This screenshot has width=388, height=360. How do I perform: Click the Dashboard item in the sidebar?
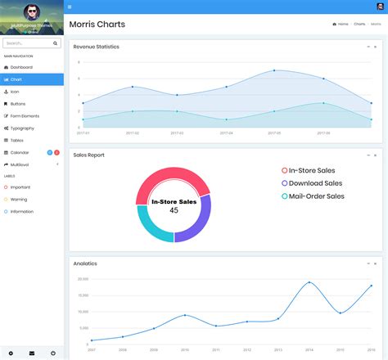(x=21, y=67)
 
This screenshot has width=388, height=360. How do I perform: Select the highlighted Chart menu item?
(x=16, y=79)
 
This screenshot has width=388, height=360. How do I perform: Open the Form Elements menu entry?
(x=25, y=116)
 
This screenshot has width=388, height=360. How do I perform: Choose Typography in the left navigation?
(x=22, y=128)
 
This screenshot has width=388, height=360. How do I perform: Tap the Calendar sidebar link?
(x=20, y=152)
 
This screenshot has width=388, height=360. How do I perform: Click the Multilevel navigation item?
(x=20, y=164)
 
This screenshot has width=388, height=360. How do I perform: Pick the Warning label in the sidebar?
(x=18, y=199)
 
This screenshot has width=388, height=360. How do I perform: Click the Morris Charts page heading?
(x=97, y=25)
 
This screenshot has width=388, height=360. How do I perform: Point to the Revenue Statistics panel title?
(x=96, y=47)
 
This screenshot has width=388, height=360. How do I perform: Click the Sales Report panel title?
(x=88, y=155)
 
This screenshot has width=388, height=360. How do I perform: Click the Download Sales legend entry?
(x=315, y=183)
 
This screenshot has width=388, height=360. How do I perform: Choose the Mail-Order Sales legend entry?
(x=316, y=196)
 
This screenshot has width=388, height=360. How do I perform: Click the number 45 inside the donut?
(x=174, y=210)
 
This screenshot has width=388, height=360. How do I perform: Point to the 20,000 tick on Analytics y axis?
(x=82, y=279)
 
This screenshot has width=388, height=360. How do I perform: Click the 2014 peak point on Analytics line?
(x=309, y=283)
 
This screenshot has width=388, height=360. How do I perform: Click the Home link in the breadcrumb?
(x=342, y=25)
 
